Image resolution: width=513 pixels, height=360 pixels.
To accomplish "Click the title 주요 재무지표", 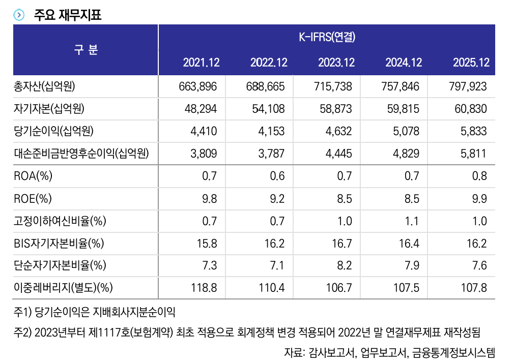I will (x=68, y=15).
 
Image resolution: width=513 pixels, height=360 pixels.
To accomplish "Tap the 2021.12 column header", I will (x=201, y=63).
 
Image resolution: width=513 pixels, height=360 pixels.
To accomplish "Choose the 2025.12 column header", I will (x=471, y=63).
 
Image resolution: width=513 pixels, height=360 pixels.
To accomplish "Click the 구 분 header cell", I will (x=86, y=50).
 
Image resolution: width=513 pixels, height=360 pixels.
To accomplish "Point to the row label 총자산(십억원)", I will (x=45, y=86).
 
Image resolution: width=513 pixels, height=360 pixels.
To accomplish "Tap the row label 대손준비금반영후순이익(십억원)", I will (x=84, y=154).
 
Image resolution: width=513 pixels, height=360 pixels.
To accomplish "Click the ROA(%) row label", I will (x=34, y=176).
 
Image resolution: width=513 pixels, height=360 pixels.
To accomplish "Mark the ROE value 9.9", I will (x=479, y=198).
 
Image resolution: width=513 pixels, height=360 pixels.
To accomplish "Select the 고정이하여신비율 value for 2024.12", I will (x=413, y=221).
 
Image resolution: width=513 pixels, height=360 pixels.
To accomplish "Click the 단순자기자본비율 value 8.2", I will (x=344, y=265).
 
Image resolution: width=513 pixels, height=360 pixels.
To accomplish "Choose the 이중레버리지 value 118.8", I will (x=204, y=288).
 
